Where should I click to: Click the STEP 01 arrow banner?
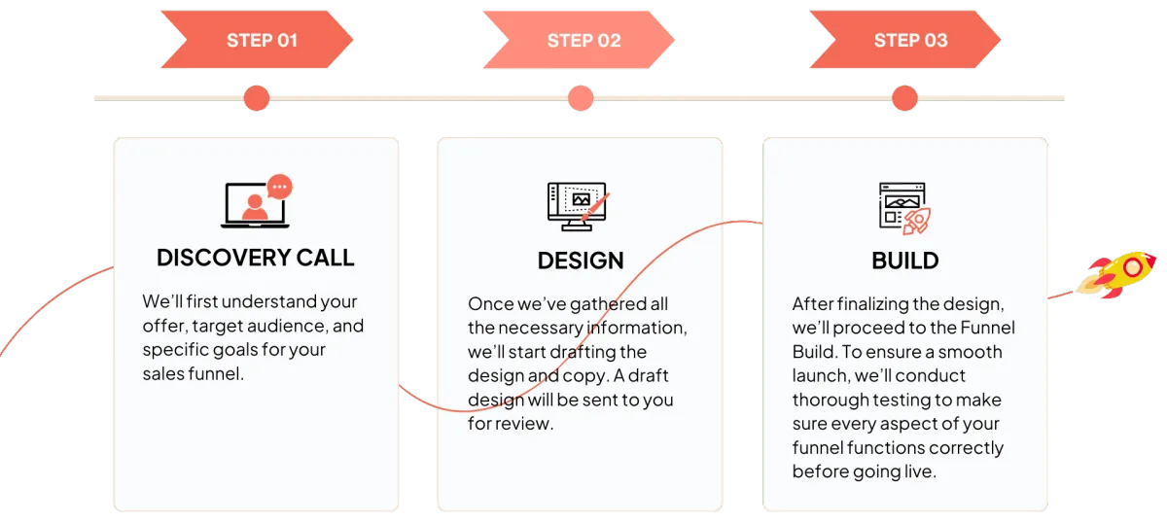tap(257, 41)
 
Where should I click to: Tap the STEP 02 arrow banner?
tap(580, 41)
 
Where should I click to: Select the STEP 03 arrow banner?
tap(906, 41)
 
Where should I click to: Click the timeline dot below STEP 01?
tap(257, 97)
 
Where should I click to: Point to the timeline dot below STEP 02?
tap(581, 97)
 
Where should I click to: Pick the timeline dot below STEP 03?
tap(904, 97)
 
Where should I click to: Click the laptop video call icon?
tap(255, 204)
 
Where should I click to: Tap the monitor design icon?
tap(579, 205)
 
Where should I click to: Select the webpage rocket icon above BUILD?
tap(903, 207)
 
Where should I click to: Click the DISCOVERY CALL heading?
tap(256, 258)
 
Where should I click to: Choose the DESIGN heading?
tap(581, 261)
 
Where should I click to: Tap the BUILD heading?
tap(904, 261)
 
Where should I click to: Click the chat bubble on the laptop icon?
tap(280, 187)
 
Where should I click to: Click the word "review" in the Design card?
tap(524, 424)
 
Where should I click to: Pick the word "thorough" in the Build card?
tap(830, 400)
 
